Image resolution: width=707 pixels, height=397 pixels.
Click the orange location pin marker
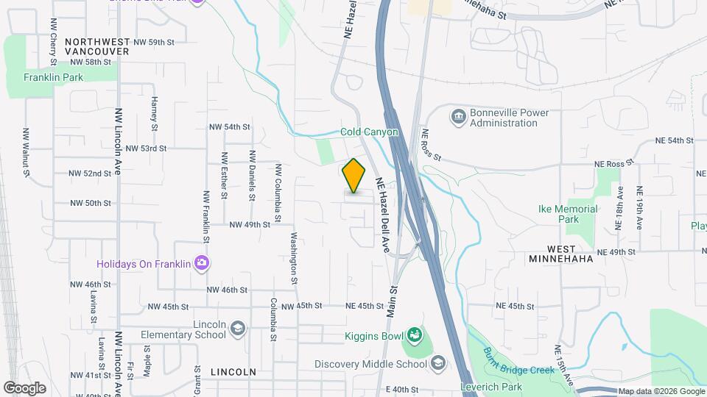coord(354,176)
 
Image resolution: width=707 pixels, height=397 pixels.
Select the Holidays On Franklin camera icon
coord(200,263)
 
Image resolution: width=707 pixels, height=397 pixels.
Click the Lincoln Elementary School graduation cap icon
coord(237,328)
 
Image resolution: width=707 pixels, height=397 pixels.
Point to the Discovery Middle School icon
coord(438,363)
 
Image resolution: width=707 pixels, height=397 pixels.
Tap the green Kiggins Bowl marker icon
coord(414,337)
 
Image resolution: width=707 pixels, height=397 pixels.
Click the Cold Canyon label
coord(369,132)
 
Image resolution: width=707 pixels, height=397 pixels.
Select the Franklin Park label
coord(53,76)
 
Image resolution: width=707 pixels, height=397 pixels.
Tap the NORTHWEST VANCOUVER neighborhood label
coord(96,47)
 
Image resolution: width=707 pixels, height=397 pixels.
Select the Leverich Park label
coord(511,387)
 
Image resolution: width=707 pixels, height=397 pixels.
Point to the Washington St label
coord(293,259)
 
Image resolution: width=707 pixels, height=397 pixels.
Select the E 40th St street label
coord(402,389)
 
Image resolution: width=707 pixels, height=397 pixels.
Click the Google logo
coord(24,387)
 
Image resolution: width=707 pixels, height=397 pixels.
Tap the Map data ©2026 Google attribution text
coord(660,391)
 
